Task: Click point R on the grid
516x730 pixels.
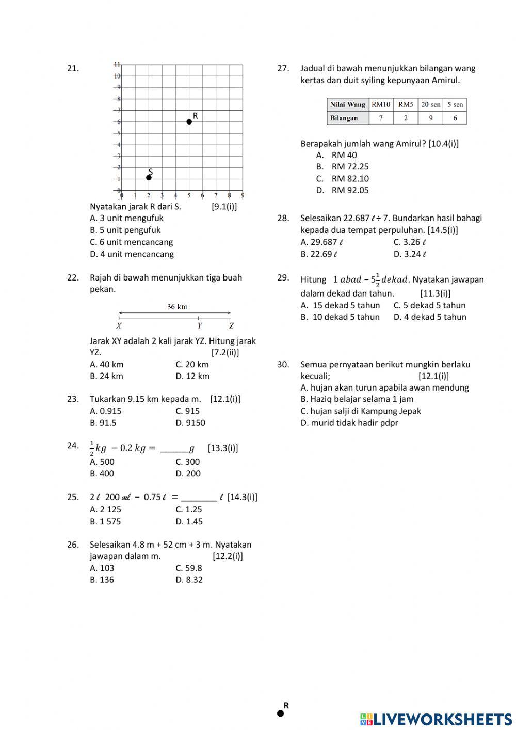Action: click(x=189, y=121)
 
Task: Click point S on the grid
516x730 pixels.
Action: click(x=149, y=177)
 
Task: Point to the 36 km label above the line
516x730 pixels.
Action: click(x=177, y=307)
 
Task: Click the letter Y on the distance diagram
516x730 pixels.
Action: click(x=200, y=326)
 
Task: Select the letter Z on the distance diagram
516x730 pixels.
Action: click(x=231, y=326)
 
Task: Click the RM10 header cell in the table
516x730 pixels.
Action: click(x=381, y=104)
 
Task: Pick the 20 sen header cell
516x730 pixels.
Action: click(x=430, y=104)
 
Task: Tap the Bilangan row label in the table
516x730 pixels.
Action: click(x=344, y=118)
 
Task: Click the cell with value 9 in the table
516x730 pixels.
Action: click(x=430, y=118)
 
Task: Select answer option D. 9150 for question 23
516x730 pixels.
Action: click(x=190, y=423)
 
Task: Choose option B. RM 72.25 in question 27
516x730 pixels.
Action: click(x=343, y=166)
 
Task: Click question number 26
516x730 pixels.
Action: click(x=73, y=545)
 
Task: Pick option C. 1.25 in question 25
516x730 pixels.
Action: click(x=188, y=509)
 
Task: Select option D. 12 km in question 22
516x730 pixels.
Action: click(x=192, y=376)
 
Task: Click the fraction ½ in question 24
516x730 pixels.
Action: click(x=92, y=448)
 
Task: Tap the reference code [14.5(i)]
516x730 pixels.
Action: click(x=442, y=230)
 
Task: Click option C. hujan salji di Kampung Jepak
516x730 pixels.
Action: click(x=361, y=411)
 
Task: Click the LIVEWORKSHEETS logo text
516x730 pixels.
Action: click(x=436, y=719)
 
